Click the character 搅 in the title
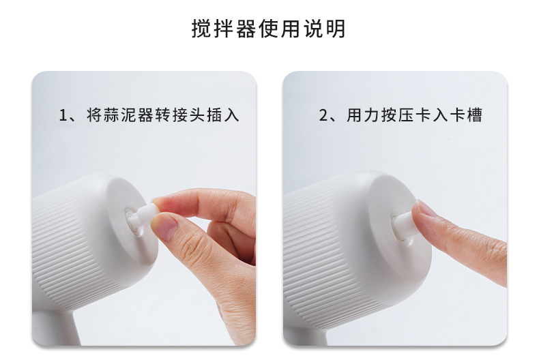coord(200,29)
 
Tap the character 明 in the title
coord(336,29)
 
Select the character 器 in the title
coord(246,29)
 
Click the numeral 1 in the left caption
coord(63,115)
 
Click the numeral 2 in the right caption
coord(323,115)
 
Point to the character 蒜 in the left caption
coord(112,115)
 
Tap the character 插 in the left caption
coord(215,115)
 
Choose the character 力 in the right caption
coord(372,115)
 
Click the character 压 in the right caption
coord(407,115)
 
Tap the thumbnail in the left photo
coord(165,227)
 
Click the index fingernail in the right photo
coord(426,209)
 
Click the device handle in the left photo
coord(56,327)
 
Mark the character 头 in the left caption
coord(198,115)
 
